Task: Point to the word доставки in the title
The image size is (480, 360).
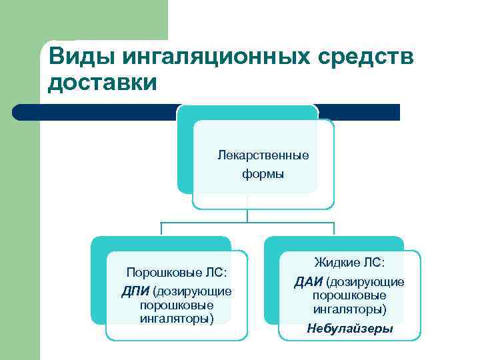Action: pos(103,83)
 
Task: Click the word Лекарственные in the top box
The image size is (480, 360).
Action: pos(263,155)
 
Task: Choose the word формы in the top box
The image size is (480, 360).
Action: pos(263,175)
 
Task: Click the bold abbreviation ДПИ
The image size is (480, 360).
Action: pos(135,291)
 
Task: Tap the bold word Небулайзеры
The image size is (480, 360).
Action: pos(349,329)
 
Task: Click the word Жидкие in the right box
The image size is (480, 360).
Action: pos(335,263)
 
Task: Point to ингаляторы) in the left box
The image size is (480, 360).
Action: pos(177,318)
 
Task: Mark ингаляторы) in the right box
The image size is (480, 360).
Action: pos(349,309)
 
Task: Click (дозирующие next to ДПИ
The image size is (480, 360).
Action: pos(192,291)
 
